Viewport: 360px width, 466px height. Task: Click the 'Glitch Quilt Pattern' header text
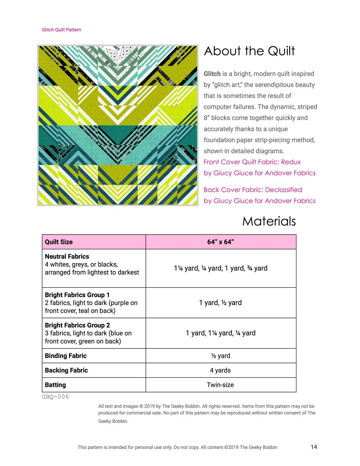tap(61, 30)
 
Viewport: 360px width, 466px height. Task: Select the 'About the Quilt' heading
tap(249, 51)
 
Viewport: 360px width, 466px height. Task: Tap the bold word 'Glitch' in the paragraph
tap(212, 74)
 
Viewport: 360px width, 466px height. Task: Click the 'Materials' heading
tap(269, 221)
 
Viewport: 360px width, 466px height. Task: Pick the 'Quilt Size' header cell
tap(59, 242)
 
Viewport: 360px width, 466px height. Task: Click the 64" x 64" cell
tap(221, 242)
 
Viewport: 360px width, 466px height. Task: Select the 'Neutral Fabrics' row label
tap(67, 256)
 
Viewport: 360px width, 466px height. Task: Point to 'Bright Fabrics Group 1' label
tap(77, 295)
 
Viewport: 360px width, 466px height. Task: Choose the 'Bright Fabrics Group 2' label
tap(77, 325)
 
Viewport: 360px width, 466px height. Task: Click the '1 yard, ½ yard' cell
tap(221, 303)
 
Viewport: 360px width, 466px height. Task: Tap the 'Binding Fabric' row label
tap(66, 356)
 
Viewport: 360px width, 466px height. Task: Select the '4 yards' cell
tap(221, 370)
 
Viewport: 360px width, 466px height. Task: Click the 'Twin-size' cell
tap(221, 385)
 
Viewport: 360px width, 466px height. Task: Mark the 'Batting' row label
tap(56, 385)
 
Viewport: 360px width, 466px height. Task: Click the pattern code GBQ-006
tap(55, 397)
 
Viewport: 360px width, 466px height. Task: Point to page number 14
tap(314, 447)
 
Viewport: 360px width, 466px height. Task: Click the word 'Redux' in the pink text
tap(291, 162)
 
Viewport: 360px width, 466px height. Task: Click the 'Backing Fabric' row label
tap(66, 370)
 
